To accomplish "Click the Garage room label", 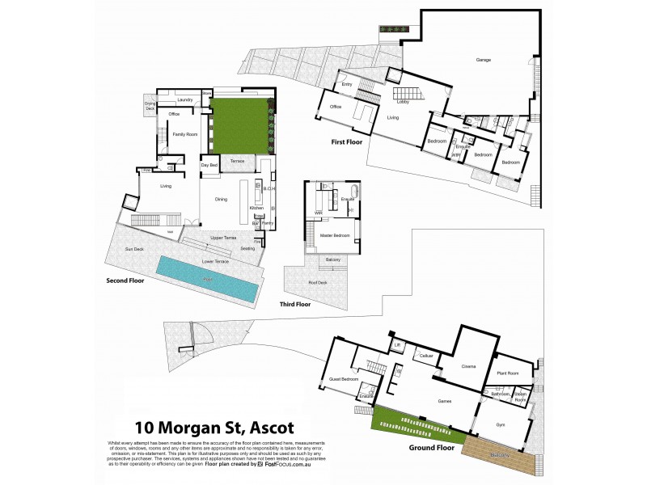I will click(484, 60).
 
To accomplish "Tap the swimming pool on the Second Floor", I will click(207, 276).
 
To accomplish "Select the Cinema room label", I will click(468, 367).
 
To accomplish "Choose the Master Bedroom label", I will click(336, 235).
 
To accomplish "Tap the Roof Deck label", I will click(318, 282).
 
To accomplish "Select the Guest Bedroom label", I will click(344, 378).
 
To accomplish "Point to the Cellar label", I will click(426, 355).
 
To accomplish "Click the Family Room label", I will click(186, 133).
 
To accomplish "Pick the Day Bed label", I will click(209, 165).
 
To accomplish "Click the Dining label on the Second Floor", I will click(221, 198).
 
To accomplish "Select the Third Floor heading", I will click(295, 305).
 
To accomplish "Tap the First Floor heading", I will click(345, 141).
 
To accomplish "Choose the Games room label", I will click(444, 401).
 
